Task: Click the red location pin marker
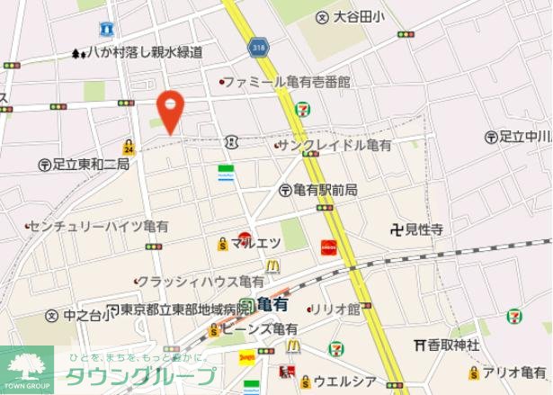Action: [x=169, y=111]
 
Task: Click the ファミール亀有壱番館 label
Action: [x=286, y=82]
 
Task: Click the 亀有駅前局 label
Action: [x=325, y=190]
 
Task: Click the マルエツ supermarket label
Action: [x=257, y=243]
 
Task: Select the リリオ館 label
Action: [x=340, y=309]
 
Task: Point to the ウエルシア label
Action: [x=343, y=382]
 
